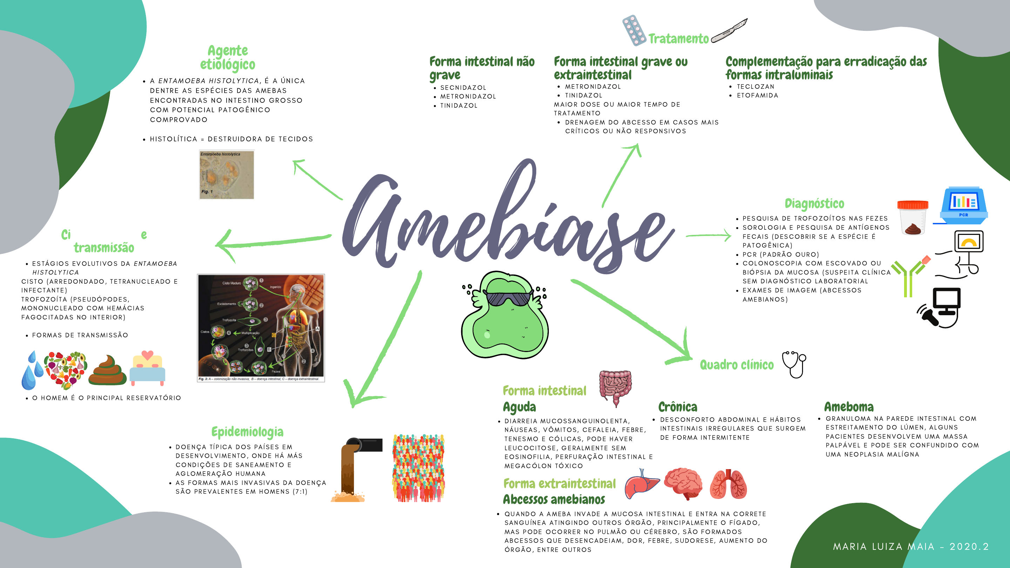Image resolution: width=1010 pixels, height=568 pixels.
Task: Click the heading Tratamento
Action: [678, 39]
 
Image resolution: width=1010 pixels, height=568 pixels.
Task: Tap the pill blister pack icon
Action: [634, 30]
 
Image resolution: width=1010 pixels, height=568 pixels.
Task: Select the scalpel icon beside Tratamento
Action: [729, 30]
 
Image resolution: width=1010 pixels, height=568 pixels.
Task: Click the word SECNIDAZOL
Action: [463, 87]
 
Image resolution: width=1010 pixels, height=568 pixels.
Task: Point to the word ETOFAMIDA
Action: [757, 95]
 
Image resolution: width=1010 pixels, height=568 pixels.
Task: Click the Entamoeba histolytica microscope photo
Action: [227, 175]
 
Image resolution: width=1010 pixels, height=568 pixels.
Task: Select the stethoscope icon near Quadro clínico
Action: [794, 364]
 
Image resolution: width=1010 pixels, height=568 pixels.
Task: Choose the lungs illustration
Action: [728, 484]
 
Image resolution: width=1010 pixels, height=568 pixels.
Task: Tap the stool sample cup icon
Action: [913, 217]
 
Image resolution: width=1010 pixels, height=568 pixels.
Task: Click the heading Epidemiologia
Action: [247, 432]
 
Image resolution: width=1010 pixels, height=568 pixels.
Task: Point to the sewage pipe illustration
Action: [355, 469]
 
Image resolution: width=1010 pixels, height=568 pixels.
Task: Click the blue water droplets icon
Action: [32, 371]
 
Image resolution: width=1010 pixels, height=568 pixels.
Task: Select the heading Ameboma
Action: [849, 406]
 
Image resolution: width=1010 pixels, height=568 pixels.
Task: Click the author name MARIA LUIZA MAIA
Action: [884, 547]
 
